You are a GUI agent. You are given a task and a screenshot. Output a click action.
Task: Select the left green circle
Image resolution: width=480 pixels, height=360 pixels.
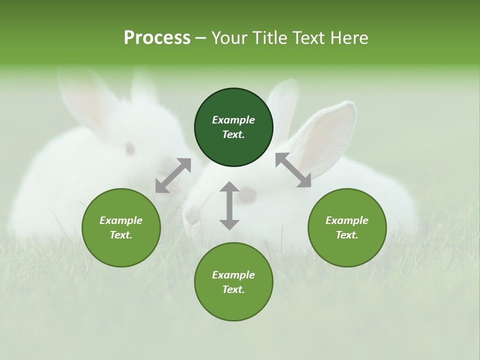coord(121,227)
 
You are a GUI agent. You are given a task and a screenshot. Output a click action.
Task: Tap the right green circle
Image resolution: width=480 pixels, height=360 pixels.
coord(347,227)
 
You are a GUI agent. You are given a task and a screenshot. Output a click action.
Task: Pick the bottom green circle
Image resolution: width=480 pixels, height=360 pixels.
coord(233,282)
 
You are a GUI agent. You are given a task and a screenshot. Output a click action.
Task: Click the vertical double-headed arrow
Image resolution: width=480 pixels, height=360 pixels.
coord(229,205)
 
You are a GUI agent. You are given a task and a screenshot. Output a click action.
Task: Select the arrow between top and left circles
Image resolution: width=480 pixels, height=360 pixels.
coord(173,175)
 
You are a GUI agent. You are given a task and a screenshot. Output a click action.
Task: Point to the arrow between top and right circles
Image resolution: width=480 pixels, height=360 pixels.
coord(293,170)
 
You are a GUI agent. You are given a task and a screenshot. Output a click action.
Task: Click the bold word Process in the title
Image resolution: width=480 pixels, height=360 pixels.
coord(157,37)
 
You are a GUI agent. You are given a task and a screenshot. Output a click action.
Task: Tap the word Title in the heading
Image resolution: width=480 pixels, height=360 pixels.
coord(270,37)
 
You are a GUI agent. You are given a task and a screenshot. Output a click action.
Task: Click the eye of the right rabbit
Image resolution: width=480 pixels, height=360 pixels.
coord(246,195)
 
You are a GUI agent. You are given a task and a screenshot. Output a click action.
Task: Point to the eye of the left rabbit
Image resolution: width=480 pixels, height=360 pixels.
coord(129,148)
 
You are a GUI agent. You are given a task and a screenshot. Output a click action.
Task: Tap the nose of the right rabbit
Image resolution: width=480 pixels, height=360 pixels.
coord(191,216)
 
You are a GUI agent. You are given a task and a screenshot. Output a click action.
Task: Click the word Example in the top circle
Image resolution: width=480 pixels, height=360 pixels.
coord(233,120)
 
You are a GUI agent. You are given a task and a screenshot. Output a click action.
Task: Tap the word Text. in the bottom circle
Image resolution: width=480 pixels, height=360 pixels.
coord(233,289)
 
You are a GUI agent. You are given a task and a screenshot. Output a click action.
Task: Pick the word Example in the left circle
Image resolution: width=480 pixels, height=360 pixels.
coord(121,220)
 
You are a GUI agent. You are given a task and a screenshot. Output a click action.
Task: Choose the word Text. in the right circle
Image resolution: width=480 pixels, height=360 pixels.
coord(347,235)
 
